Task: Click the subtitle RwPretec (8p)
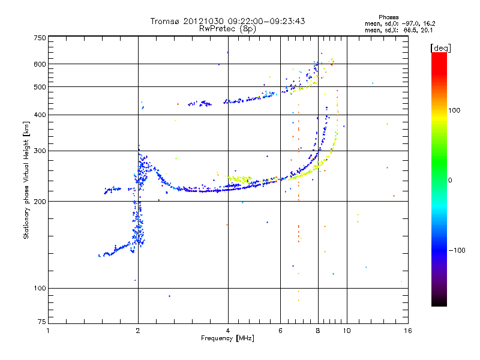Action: (x=227, y=29)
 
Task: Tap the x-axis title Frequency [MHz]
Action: (x=227, y=338)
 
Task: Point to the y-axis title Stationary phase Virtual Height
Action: (x=26, y=181)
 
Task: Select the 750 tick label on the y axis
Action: (x=40, y=38)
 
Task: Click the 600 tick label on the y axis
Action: (x=40, y=64)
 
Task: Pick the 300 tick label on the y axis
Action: (x=40, y=151)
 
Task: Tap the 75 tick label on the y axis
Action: (x=42, y=322)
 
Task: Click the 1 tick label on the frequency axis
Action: (x=48, y=331)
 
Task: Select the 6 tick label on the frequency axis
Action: (x=280, y=331)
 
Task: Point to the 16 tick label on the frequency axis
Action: (x=408, y=331)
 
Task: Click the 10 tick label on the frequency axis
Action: (x=347, y=331)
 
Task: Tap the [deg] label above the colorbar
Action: (x=440, y=48)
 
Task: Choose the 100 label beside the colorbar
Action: (x=454, y=110)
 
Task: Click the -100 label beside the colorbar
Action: (x=457, y=250)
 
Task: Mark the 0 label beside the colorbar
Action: (x=450, y=181)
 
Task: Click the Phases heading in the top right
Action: (x=388, y=17)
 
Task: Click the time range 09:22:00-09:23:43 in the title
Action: (x=266, y=21)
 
